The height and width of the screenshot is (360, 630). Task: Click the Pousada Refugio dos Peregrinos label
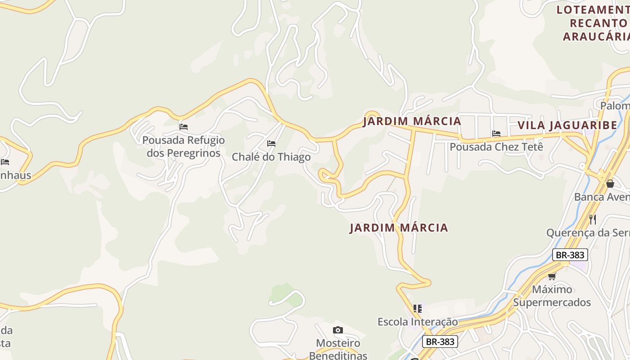pyautogui.click(x=183, y=147)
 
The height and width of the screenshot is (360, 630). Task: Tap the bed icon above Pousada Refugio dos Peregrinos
pyautogui.click(x=184, y=127)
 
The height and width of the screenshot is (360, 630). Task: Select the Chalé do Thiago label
pyautogui.click(x=271, y=157)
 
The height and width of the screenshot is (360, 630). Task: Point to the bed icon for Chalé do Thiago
pyautogui.click(x=271, y=144)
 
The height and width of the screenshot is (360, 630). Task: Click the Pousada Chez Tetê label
pyautogui.click(x=496, y=147)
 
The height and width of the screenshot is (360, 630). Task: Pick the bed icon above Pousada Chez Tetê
pyautogui.click(x=496, y=134)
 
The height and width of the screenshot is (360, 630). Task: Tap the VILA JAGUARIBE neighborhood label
pyautogui.click(x=567, y=125)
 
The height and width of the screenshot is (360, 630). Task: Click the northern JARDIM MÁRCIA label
pyautogui.click(x=412, y=121)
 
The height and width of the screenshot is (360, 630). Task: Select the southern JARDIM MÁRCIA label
pyautogui.click(x=399, y=228)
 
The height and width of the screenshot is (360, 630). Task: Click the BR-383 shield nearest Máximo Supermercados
pyautogui.click(x=570, y=255)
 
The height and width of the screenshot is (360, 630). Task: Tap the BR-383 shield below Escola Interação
pyautogui.click(x=440, y=342)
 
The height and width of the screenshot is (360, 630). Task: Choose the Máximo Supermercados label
pyautogui.click(x=552, y=296)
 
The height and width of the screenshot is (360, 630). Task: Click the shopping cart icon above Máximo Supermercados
pyautogui.click(x=552, y=276)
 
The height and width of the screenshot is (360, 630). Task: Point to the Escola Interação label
pyautogui.click(x=417, y=322)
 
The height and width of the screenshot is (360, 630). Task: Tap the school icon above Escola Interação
pyautogui.click(x=418, y=309)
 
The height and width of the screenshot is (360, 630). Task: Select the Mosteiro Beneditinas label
pyautogui.click(x=338, y=349)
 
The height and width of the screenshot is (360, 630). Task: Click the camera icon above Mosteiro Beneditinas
pyautogui.click(x=338, y=330)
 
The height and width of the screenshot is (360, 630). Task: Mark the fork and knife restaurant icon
pyautogui.click(x=593, y=220)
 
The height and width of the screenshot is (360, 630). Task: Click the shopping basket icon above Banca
pyautogui.click(x=610, y=184)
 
